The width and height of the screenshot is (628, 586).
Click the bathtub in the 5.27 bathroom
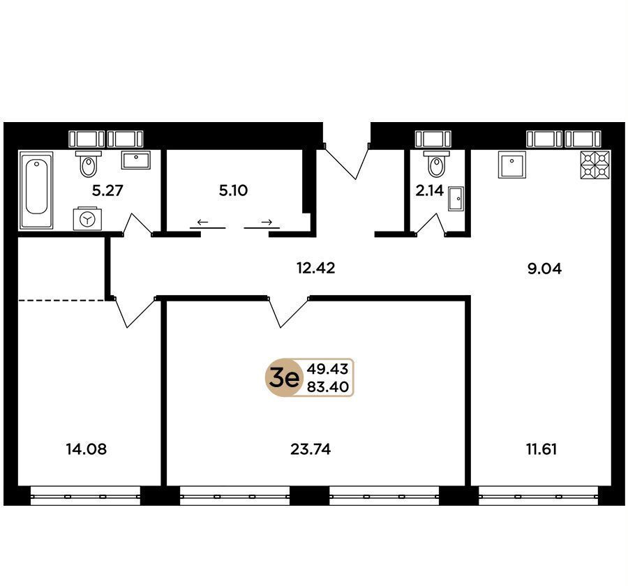click(x=36, y=190)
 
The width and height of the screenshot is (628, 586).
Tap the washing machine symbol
click(x=87, y=218)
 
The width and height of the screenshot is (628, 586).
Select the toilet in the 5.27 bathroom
click(x=88, y=164)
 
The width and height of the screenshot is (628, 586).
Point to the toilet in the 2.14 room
click(x=436, y=164)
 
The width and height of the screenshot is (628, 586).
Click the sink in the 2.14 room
click(x=456, y=198)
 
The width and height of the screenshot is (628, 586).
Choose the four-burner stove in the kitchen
click(x=595, y=164)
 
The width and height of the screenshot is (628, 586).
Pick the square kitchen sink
click(x=512, y=164)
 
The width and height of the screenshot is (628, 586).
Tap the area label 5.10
click(x=233, y=190)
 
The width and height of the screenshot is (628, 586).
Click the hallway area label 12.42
click(x=315, y=268)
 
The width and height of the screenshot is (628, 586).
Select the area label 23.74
click(x=311, y=449)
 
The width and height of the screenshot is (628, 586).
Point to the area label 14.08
click(x=87, y=449)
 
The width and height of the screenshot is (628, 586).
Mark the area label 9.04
click(x=544, y=269)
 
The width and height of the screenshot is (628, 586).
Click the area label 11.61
click(x=541, y=449)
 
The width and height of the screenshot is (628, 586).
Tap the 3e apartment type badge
click(x=283, y=377)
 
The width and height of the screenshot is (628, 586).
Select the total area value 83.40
click(x=328, y=387)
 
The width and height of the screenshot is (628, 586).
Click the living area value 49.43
click(x=328, y=368)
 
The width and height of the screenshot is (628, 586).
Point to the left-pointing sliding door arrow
click(x=202, y=222)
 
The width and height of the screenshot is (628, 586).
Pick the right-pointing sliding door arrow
click(x=267, y=222)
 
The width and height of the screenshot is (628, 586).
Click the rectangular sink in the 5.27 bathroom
click(x=136, y=160)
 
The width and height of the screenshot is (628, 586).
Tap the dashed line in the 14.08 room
click(x=62, y=299)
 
